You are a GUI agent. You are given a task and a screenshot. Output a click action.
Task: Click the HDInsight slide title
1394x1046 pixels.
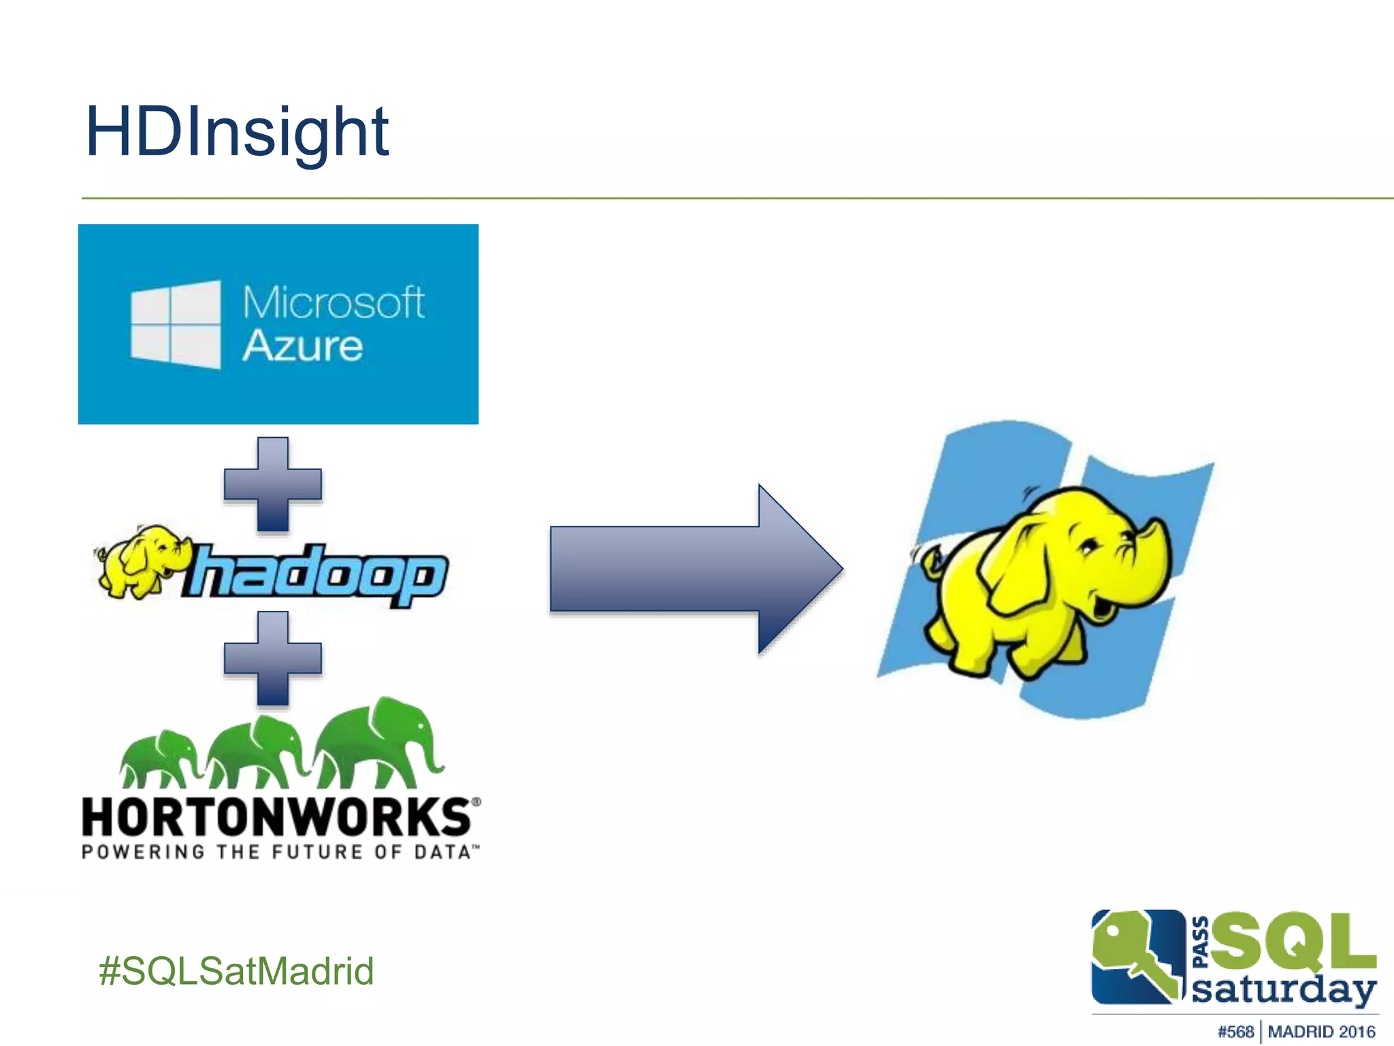click(237, 133)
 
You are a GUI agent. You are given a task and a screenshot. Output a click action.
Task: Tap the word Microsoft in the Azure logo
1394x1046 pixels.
click(334, 302)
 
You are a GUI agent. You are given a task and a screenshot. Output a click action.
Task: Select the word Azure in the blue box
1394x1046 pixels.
click(302, 346)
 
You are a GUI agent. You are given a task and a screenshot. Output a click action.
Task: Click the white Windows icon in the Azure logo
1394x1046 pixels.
click(176, 325)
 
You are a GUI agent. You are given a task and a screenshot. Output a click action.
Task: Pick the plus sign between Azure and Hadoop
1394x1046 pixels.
click(273, 484)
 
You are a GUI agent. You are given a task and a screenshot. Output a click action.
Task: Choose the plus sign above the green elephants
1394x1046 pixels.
click(273, 658)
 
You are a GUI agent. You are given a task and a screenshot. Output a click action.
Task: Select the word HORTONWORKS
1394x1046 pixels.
click(276, 817)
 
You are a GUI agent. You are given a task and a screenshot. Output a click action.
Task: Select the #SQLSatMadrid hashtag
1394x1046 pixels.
click(236, 970)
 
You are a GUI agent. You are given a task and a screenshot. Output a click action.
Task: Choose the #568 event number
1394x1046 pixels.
click(1235, 1032)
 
